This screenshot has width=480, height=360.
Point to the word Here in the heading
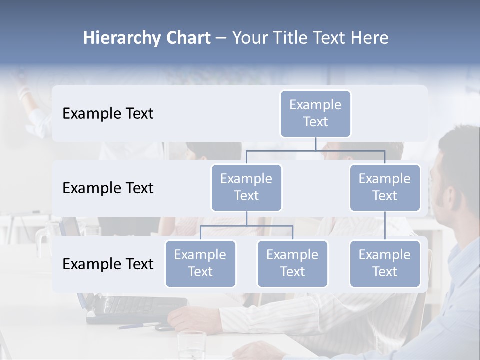pos(369,38)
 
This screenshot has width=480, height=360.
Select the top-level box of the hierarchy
pos(315,114)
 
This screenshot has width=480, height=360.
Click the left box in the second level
pos(246,188)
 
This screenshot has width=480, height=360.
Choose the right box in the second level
pos(385,188)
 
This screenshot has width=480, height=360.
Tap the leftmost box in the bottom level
pos(200,264)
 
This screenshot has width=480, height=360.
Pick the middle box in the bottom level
pos(292,264)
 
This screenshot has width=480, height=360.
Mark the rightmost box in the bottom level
pos(385,264)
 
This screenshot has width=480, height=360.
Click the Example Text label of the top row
pos(108,114)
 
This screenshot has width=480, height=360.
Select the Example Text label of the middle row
pos(108,188)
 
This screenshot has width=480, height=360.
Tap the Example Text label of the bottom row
pos(108,264)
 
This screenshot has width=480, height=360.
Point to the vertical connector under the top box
pos(315,144)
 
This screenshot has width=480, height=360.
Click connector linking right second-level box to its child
pos(385,226)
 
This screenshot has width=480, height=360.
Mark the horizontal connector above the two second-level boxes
pos(315,150)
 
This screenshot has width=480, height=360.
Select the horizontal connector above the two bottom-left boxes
pos(246,226)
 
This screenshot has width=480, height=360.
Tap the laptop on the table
pos(135,307)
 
